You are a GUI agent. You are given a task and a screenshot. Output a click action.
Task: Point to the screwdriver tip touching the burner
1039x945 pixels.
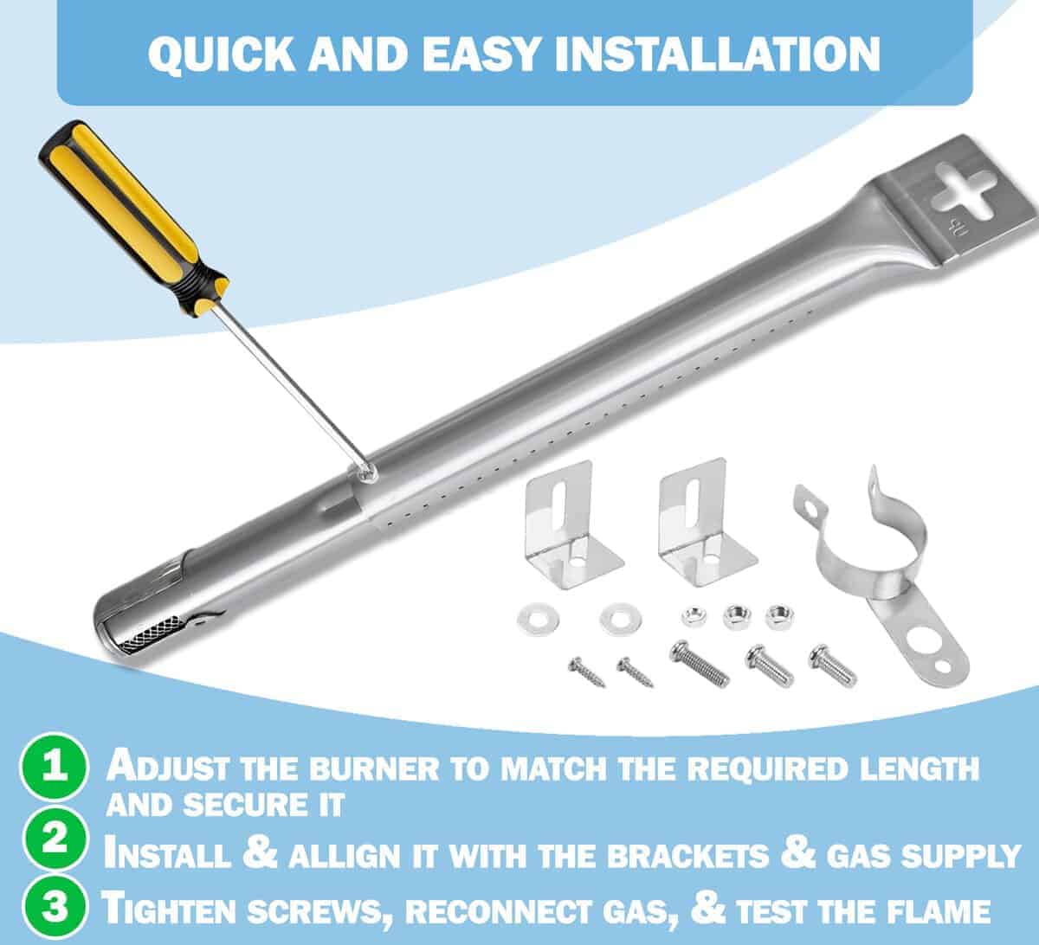[x=370, y=473]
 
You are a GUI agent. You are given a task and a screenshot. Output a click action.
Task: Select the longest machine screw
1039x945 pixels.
[x=700, y=663]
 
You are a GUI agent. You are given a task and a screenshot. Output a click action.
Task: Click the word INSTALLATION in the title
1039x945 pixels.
[x=718, y=55]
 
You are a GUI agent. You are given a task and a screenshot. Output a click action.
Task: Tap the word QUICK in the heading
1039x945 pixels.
[x=221, y=55]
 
